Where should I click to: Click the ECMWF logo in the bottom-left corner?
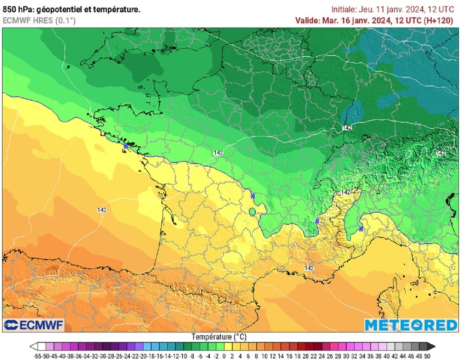pyautogui.click(x=34, y=324)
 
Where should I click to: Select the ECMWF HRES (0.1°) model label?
pyautogui.click(x=39, y=20)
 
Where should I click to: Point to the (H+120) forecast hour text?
pyautogui.click(x=438, y=20)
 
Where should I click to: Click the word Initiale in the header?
pyautogui.click(x=343, y=9)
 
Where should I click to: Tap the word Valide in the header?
pyautogui.click(x=307, y=20)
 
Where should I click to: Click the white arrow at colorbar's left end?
pyautogui.click(x=33, y=346)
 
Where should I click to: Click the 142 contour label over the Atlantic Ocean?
pyautogui.click(x=102, y=210)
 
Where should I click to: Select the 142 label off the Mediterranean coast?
pyautogui.click(x=309, y=268)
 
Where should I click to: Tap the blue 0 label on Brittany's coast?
pyautogui.click(x=126, y=146)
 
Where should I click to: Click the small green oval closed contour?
pyautogui.click(x=253, y=211)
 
